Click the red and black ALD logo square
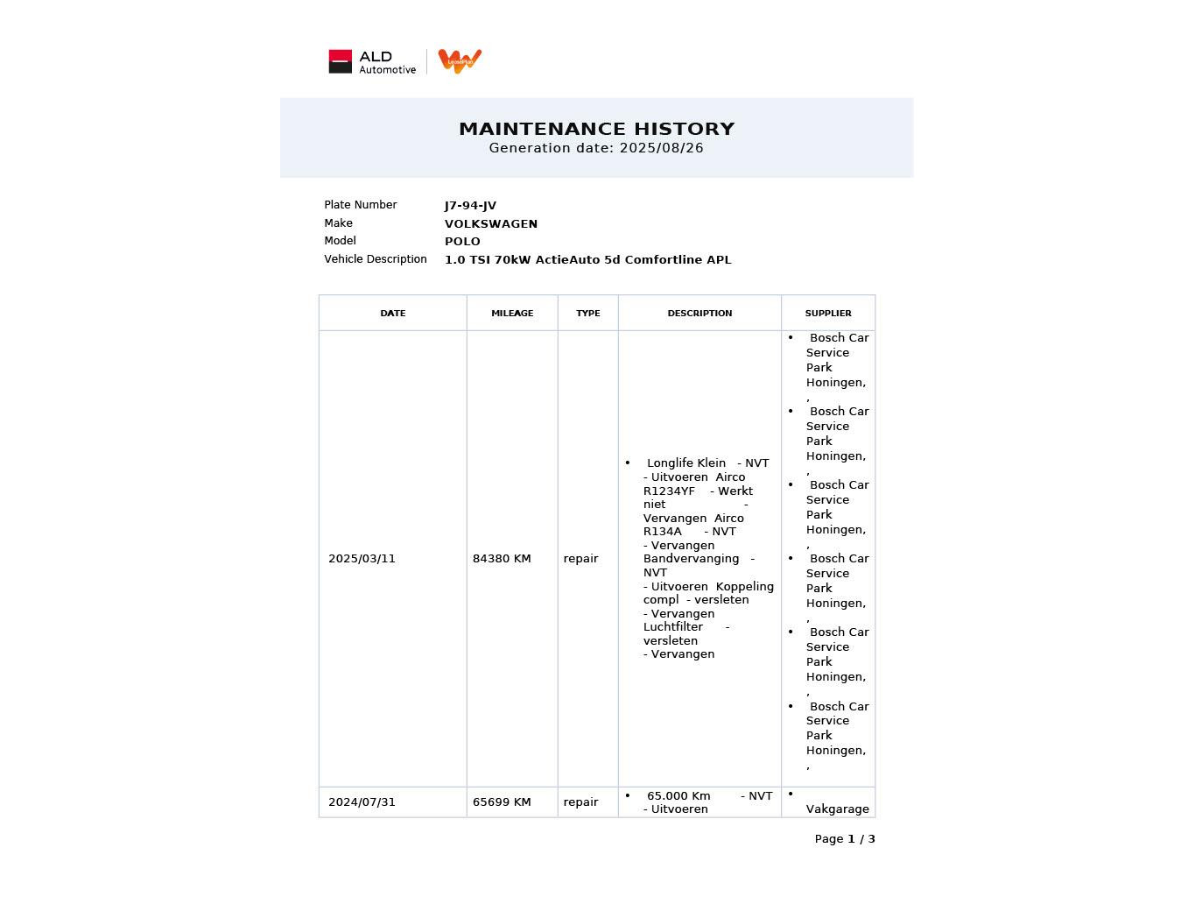pyautogui.click(x=340, y=61)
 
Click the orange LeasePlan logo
pyautogui.click(x=460, y=61)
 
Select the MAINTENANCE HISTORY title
pyautogui.click(x=596, y=129)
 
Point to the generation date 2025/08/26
pyautogui.click(x=661, y=148)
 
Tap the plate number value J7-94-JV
pyautogui.click(x=470, y=206)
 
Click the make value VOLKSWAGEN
pyautogui.click(x=490, y=224)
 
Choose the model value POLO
pyautogui.click(x=462, y=242)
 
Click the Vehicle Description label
pyautogui.click(x=375, y=259)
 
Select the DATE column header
pyautogui.click(x=392, y=313)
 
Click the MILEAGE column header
pyautogui.click(x=512, y=313)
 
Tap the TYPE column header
pyautogui.click(x=587, y=313)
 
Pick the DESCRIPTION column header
pyautogui.click(x=699, y=313)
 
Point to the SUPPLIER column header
pyautogui.click(x=827, y=313)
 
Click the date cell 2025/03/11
pyautogui.click(x=362, y=559)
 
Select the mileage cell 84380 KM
pyautogui.click(x=502, y=559)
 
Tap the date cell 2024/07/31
pyautogui.click(x=362, y=802)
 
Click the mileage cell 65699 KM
pyautogui.click(x=502, y=802)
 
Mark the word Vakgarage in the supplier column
pyautogui.click(x=837, y=809)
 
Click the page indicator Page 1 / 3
pyautogui.click(x=844, y=839)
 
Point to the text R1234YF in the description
pyautogui.click(x=669, y=491)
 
